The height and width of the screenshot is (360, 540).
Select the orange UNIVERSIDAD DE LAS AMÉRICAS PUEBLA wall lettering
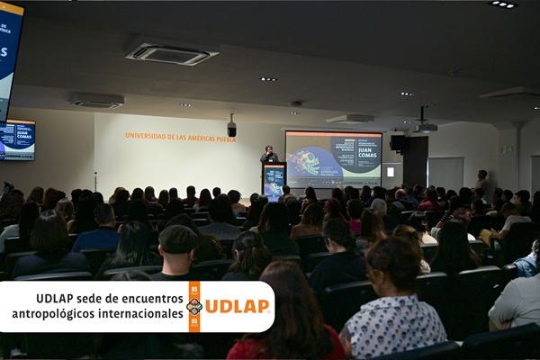[180, 137]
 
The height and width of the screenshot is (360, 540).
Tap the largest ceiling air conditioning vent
[171, 54]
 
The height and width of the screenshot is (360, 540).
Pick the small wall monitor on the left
[18, 139]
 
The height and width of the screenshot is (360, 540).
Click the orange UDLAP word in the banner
[237, 306]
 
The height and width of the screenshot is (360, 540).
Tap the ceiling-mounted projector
[426, 127]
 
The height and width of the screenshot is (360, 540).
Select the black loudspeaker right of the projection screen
[398, 142]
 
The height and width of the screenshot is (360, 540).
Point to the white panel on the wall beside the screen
[390, 171]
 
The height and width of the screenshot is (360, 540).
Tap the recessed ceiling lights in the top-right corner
[502, 4]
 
